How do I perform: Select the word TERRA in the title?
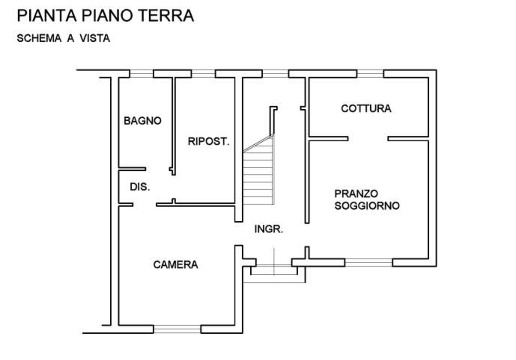tap(167, 17)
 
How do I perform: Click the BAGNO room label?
tap(142, 121)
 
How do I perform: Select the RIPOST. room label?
tap(209, 142)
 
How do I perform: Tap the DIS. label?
tap(139, 187)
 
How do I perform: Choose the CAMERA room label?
tap(175, 265)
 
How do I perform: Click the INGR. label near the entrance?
tap(268, 229)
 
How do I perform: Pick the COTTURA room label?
tap(365, 109)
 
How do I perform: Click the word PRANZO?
tap(358, 193)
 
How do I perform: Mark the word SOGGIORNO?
tap(367, 205)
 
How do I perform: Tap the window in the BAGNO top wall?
tap(141, 72)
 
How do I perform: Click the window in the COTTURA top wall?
tap(371, 72)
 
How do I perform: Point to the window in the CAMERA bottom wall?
tap(176, 328)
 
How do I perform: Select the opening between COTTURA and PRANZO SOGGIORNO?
tap(369, 135)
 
